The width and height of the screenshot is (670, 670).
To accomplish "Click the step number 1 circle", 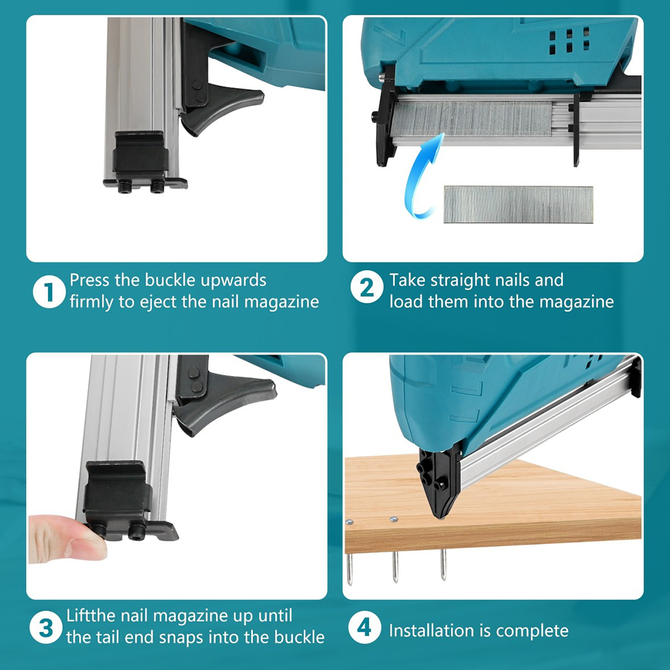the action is point(49,292).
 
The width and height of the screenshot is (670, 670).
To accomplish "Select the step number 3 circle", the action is point(46,628).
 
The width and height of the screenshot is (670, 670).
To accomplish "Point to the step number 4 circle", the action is point(364,627).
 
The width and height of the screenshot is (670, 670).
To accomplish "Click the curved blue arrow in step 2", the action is point(417,180).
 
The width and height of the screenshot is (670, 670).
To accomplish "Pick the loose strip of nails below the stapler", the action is point(519,204).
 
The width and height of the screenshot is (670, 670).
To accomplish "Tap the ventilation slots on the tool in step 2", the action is point(569,42).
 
